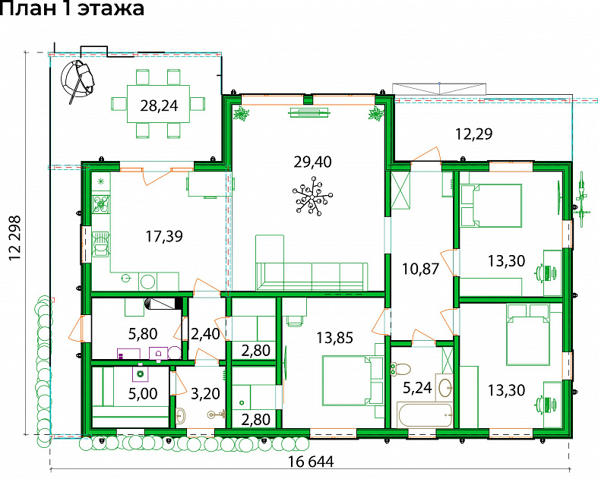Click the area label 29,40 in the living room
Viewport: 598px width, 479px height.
pyautogui.click(x=312, y=162)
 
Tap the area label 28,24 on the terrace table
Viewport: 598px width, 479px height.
pyautogui.click(x=159, y=106)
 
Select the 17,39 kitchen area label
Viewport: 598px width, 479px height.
pyautogui.click(x=164, y=236)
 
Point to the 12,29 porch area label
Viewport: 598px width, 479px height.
pyautogui.click(x=474, y=134)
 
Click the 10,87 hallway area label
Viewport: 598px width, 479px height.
pyautogui.click(x=421, y=269)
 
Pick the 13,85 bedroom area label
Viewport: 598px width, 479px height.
pyautogui.click(x=335, y=338)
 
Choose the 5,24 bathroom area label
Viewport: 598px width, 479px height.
pyautogui.click(x=417, y=388)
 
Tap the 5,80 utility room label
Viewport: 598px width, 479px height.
pyautogui.click(x=143, y=334)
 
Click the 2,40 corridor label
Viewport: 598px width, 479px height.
pyautogui.click(x=205, y=334)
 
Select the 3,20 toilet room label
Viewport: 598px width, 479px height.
pyautogui.click(x=205, y=394)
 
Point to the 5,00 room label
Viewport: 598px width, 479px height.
pyautogui.click(x=143, y=394)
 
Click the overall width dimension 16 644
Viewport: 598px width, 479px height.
pyautogui.click(x=311, y=462)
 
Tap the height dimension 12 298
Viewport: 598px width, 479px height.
pyautogui.click(x=15, y=238)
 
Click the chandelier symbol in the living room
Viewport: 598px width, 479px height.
pyautogui.click(x=312, y=197)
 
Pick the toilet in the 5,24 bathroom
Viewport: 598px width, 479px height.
pyautogui.click(x=400, y=369)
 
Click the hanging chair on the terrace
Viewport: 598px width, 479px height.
pyautogui.click(x=78, y=79)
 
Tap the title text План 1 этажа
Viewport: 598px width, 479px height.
pyautogui.click(x=71, y=8)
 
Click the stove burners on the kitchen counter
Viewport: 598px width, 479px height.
pyautogui.click(x=101, y=205)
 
